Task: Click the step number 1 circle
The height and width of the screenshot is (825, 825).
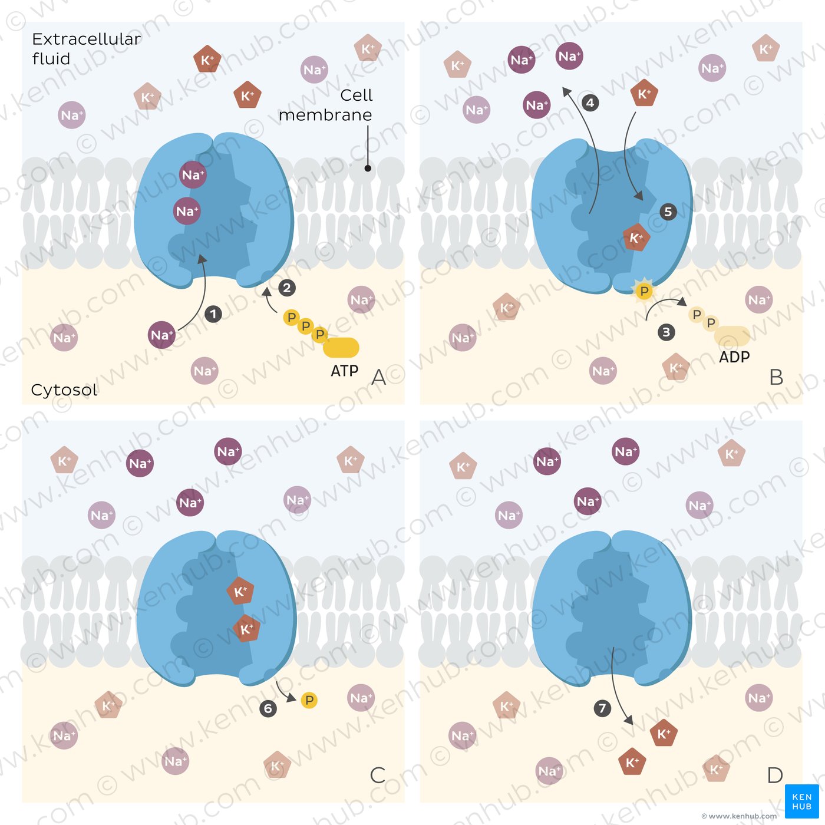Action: coord(213,314)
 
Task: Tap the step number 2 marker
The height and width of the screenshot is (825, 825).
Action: coord(287,288)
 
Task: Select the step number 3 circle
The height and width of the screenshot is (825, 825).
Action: coord(666,332)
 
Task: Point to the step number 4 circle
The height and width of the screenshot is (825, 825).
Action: coord(590,103)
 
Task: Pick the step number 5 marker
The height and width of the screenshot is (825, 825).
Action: coord(668,212)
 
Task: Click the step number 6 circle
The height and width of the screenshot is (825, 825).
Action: coord(268,708)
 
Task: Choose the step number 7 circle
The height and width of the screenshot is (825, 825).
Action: coord(602,708)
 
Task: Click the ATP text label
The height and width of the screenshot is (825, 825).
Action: coord(345,371)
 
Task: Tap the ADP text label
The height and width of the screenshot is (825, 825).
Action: coord(734,357)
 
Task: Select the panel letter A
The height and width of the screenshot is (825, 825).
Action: coord(379,377)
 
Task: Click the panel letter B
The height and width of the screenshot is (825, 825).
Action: coord(776,377)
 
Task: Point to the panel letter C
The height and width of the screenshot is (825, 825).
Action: coord(378,775)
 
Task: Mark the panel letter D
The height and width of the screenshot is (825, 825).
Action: coord(775,775)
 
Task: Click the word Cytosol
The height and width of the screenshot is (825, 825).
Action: coord(64,390)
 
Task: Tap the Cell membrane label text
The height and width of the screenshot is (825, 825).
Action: coord(326,105)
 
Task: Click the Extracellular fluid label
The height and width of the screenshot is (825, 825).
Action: coord(86,49)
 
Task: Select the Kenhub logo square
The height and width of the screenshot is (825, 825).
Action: coord(801,801)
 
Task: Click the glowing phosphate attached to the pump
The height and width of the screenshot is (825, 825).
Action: coord(644,291)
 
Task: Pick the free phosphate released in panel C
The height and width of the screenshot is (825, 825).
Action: coord(309,700)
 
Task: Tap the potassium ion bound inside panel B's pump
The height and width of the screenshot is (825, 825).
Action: coord(636,238)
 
